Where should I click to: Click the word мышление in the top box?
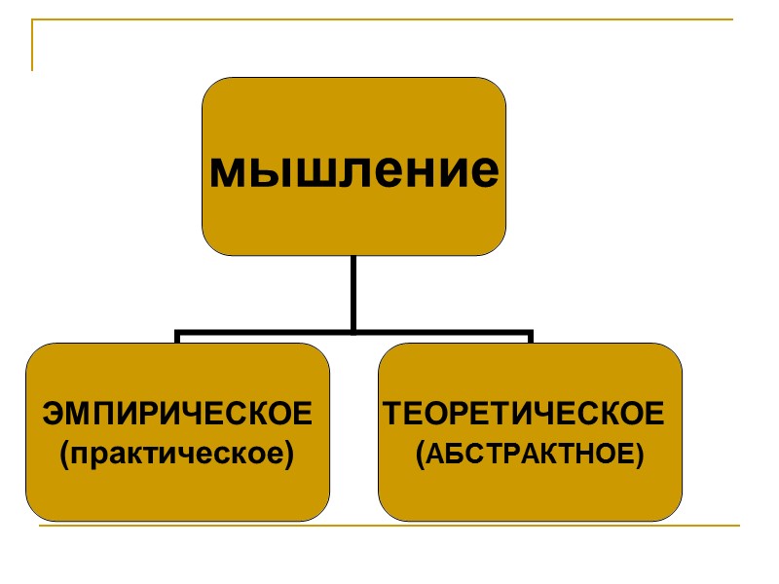353,171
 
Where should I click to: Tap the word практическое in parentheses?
177,454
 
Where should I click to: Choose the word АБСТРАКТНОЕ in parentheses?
530,454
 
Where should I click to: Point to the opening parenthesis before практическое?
64,455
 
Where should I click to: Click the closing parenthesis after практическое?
290,455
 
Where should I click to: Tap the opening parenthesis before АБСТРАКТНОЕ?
420,455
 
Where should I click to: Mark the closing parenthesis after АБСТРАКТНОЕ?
640,455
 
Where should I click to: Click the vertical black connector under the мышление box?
353,292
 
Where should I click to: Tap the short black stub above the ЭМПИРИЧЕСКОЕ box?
177,338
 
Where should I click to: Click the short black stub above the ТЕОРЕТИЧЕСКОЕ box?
530,338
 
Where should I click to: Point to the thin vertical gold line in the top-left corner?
33,46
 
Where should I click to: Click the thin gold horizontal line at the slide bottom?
389,527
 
